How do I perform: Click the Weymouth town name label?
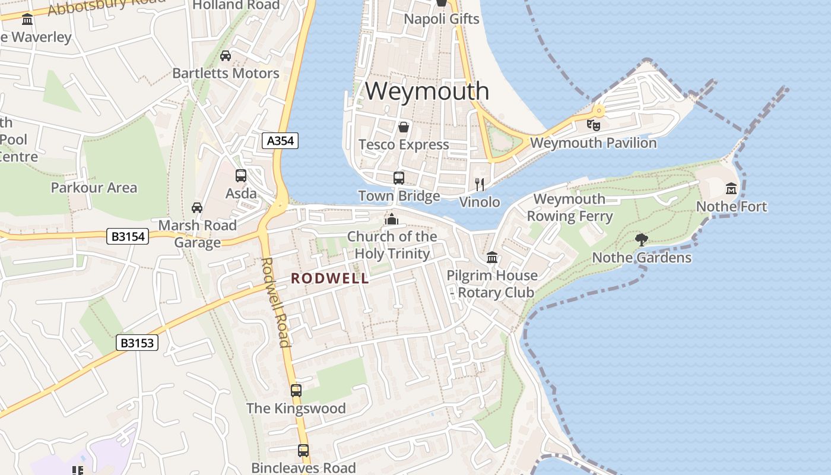427,91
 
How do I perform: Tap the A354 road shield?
280,141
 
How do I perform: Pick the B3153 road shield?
137,343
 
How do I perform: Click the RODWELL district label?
329,278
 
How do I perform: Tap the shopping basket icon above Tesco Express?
404,127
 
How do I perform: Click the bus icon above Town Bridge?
399,178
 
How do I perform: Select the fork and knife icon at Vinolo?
480,184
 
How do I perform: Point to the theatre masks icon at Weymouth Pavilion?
593,125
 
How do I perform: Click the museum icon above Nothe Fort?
731,189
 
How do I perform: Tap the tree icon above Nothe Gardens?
641,240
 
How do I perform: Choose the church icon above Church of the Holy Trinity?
391,219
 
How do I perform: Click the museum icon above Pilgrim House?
492,258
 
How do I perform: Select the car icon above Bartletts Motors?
226,56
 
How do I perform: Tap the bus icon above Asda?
241,176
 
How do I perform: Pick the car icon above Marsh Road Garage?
197,208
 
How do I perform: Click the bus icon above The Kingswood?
296,391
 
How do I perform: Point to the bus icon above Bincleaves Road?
303,451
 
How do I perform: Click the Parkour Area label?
94,188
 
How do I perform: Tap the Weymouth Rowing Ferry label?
569,207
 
